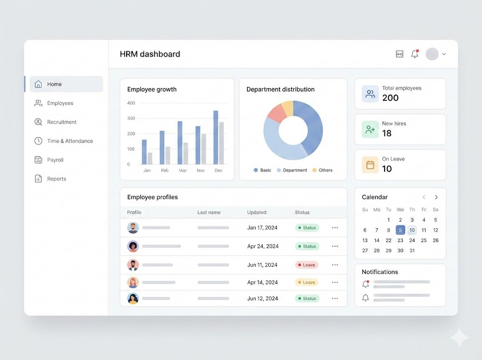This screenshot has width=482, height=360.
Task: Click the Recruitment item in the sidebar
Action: pos(61,122)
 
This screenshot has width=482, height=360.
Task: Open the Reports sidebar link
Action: pos(56,179)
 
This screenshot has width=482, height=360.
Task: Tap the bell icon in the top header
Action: pos(415,54)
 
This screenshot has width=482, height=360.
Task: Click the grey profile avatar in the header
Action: pos(432,54)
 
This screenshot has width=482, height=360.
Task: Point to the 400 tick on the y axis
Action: pos(131,103)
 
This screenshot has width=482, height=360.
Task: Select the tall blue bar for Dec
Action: pos(216,137)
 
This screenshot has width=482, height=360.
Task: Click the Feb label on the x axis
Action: pos(165,170)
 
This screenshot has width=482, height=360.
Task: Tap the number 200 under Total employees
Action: pos(390,98)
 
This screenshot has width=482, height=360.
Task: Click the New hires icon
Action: pos(370,129)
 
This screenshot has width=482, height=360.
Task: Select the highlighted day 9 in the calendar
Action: pos(400,230)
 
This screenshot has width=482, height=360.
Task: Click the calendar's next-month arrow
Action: pos(436,197)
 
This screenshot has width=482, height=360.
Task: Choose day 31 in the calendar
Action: pos(412,250)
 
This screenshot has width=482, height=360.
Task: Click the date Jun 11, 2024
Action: pos(262,265)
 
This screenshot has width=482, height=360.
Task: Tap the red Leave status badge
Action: pos(306,265)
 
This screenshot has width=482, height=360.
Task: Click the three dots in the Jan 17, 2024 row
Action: pos(335,228)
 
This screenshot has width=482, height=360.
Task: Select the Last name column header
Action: pos(209,212)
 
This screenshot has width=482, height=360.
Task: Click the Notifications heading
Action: pos(380,272)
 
